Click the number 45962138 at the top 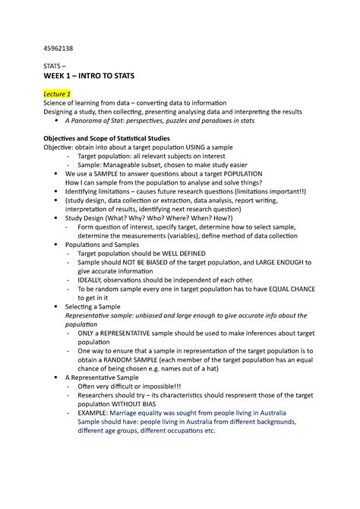point(58,47)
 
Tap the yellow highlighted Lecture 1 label point(58,93)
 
